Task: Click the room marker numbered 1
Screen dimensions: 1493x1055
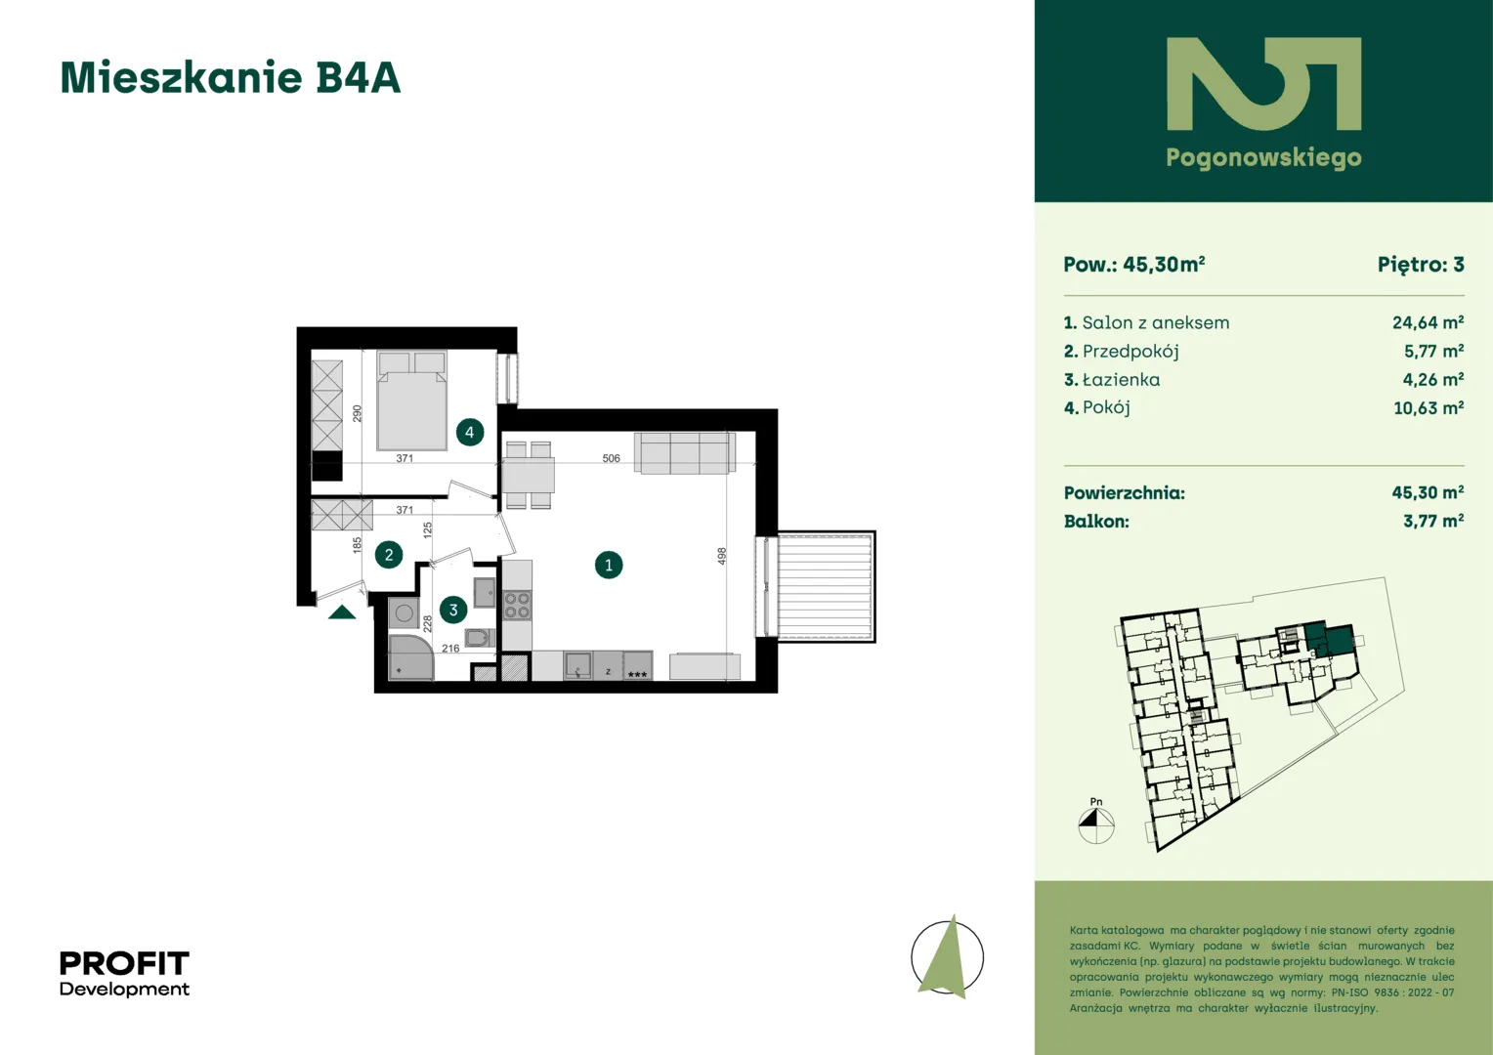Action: coord(609,566)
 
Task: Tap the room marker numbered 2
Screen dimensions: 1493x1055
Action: coord(389,555)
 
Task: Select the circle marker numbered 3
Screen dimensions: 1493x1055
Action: coord(453,610)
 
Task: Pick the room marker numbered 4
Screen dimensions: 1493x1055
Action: coord(470,433)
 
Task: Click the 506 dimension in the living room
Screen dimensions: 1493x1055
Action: coord(612,458)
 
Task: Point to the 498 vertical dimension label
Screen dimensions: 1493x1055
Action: coord(722,557)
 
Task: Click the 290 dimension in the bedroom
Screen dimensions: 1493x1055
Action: coord(358,413)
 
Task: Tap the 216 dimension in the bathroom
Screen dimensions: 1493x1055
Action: coord(450,648)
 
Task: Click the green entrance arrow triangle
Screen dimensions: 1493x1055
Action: coord(342,612)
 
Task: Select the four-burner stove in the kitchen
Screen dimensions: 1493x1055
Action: coord(517,605)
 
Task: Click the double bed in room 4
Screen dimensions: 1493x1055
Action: coord(412,401)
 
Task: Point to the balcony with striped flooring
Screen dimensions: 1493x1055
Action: coord(826,586)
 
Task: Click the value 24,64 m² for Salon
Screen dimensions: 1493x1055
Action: coord(1428,322)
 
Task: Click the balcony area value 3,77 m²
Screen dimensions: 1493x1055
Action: coord(1433,521)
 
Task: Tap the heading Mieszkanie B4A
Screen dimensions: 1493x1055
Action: coord(231,77)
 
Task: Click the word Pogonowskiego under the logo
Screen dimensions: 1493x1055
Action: coord(1263,158)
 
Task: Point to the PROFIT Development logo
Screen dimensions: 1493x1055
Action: coord(125,973)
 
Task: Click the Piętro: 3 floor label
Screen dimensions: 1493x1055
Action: coord(1421,265)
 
